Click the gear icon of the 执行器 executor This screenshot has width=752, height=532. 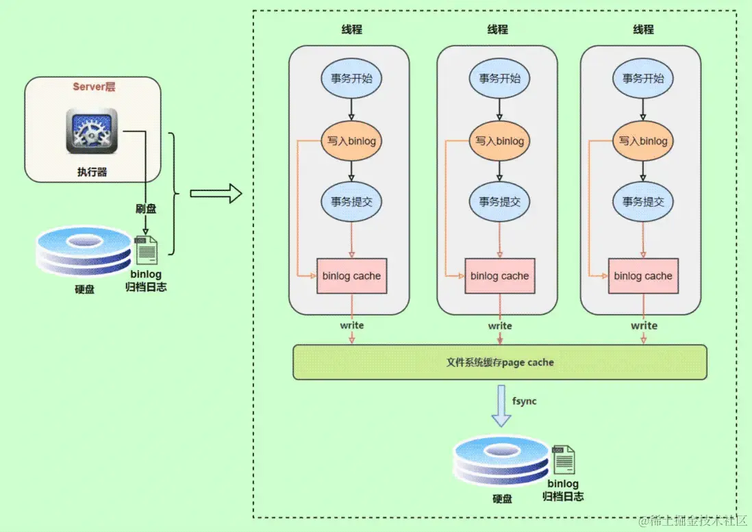coord(92,131)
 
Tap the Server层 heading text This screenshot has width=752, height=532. coord(95,87)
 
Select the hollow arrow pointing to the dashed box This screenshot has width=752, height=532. coord(216,194)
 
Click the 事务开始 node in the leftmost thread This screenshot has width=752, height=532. coord(351,78)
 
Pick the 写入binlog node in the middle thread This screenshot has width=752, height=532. coord(499,142)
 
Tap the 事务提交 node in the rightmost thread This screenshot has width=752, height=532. coord(643,202)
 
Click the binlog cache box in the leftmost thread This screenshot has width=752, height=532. coord(351,276)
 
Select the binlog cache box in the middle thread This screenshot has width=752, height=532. coord(499,276)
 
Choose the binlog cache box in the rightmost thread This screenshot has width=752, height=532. coord(643,276)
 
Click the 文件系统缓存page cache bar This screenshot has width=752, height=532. coord(499,362)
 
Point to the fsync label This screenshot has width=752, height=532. coord(525,401)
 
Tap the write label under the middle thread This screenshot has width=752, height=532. coord(500,326)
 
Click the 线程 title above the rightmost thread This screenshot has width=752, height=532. coord(643,29)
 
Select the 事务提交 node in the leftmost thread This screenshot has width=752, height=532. coord(351,202)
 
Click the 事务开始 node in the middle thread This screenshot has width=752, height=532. coord(499,78)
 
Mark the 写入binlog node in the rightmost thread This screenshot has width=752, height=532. coord(643,142)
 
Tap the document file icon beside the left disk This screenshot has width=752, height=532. coord(147,250)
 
